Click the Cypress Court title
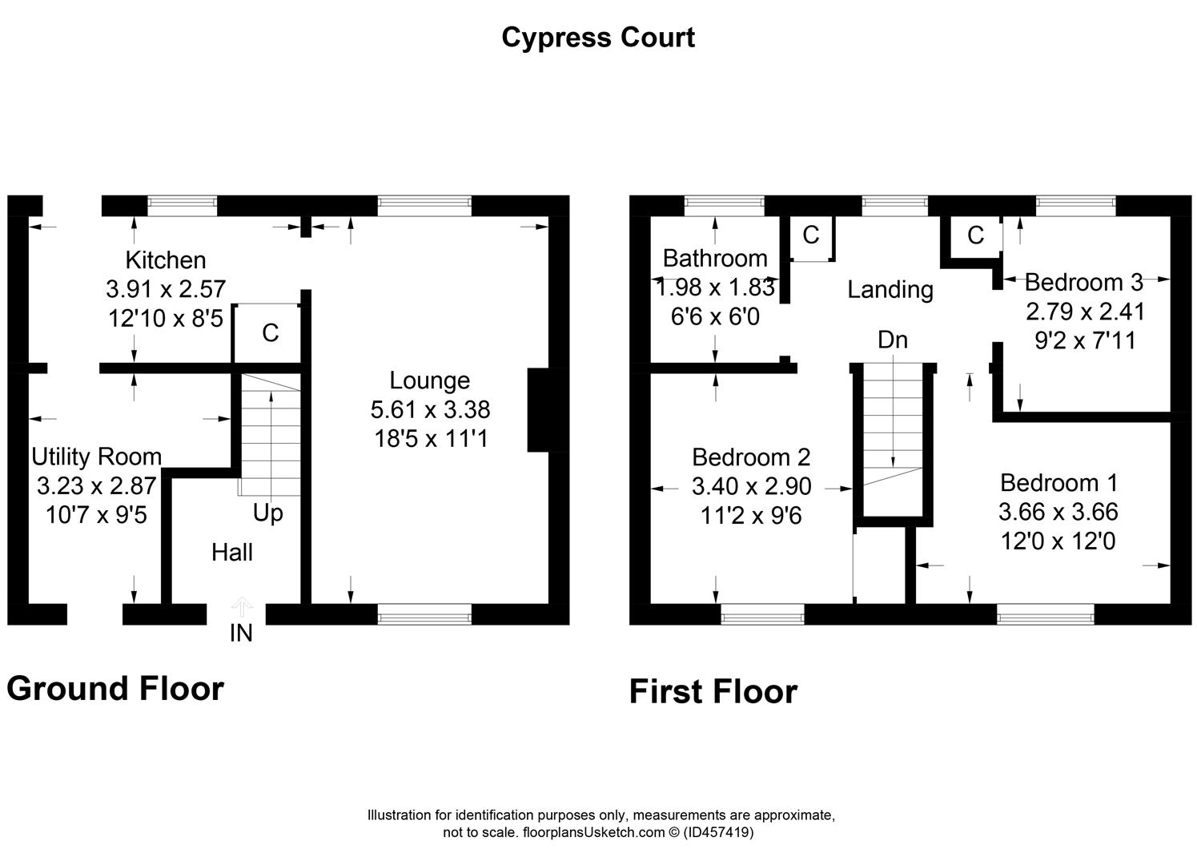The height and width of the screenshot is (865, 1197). click(x=598, y=38)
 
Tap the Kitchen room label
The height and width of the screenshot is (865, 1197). click(x=166, y=260)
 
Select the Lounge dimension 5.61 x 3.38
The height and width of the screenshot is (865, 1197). click(x=430, y=409)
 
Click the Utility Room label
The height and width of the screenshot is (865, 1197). click(x=97, y=457)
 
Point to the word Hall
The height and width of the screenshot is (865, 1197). click(x=232, y=553)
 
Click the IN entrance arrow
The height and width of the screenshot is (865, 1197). click(x=242, y=607)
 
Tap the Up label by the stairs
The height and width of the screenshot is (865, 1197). click(x=267, y=513)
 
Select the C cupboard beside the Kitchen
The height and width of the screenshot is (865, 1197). click(x=271, y=333)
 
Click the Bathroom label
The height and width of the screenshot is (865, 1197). click(x=715, y=259)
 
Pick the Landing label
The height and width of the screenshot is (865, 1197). click(x=890, y=290)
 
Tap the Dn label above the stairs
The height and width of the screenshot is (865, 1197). click(x=893, y=340)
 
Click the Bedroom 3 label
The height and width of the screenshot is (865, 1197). click(x=1084, y=282)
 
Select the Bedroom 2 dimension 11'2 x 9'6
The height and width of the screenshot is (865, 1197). click(x=751, y=516)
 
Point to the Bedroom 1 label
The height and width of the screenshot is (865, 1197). click(x=1058, y=483)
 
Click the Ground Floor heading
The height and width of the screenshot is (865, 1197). click(x=114, y=689)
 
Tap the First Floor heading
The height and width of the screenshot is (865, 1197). click(x=713, y=691)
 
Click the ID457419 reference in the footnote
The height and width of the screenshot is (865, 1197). click(x=718, y=832)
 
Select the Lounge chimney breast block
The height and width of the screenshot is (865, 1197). click(x=538, y=410)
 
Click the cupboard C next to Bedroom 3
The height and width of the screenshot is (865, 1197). click(x=975, y=235)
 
